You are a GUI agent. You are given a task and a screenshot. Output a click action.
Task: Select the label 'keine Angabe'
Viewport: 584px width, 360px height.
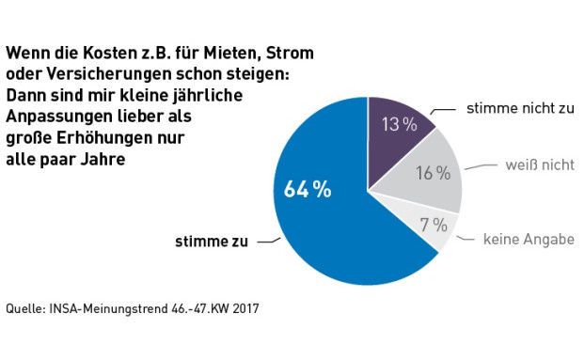[x=529, y=240]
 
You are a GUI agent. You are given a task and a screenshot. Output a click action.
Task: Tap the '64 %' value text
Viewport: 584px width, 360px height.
[x=308, y=189]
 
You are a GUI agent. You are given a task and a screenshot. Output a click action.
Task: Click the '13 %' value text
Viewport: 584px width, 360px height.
[x=399, y=123]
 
